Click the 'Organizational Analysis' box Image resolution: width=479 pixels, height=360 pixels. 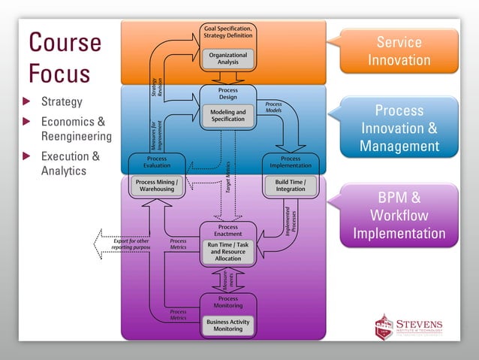[x=227, y=58]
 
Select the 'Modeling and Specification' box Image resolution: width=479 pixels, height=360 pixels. [x=227, y=116]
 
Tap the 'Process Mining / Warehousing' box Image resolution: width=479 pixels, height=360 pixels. [x=156, y=185]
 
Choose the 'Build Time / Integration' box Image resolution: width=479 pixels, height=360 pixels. [x=290, y=185]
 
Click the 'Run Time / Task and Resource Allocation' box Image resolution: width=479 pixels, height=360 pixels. [x=227, y=251]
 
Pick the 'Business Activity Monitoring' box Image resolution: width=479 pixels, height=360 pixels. [x=227, y=325]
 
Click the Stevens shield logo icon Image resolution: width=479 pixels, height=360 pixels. [x=384, y=327]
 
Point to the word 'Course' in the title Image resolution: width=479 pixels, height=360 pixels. [x=65, y=42]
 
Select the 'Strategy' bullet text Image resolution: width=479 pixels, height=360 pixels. [x=62, y=102]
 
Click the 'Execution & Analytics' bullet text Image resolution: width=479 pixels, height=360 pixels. [x=70, y=164]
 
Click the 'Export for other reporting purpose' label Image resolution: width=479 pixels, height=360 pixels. [x=131, y=244]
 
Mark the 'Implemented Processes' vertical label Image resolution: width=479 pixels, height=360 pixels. [x=291, y=218]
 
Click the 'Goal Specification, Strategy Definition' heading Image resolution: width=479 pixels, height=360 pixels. [x=228, y=32]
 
